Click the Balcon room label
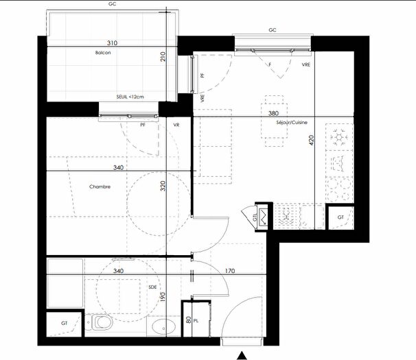(104, 52)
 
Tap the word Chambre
(100, 187)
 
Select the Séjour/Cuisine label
(292, 122)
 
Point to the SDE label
(152, 287)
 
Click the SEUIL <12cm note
(130, 97)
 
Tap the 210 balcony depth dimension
(163, 58)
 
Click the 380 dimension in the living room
(273, 113)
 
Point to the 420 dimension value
(311, 141)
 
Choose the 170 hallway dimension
(230, 271)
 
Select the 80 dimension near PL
(187, 320)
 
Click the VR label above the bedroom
(176, 125)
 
